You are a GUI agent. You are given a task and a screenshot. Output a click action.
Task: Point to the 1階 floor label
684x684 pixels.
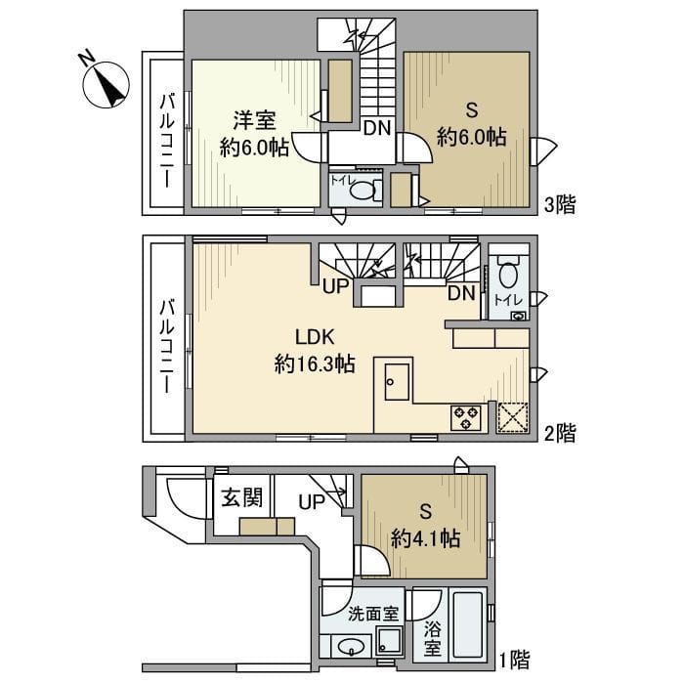(516, 659)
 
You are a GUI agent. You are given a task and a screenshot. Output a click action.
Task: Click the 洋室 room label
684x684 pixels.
(254, 121)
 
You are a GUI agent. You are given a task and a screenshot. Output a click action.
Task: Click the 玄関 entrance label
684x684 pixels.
(240, 497)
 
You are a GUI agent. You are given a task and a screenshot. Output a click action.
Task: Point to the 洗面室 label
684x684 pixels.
(372, 615)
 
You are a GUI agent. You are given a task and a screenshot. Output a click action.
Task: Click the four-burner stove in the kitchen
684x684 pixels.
(465, 417)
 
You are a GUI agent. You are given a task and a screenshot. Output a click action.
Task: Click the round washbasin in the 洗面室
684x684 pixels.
(348, 646)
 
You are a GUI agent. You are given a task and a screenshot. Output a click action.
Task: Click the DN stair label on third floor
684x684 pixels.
(378, 127)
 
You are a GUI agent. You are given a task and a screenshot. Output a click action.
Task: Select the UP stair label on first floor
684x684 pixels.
(311, 502)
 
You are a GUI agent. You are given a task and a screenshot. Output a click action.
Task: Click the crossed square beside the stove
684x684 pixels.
(512, 417)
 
